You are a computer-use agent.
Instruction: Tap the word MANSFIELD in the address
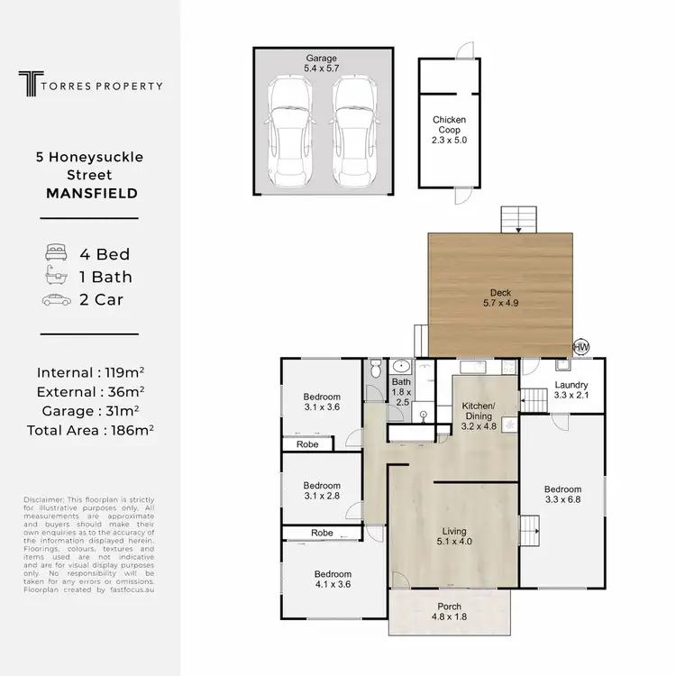pyautogui.click(x=90, y=193)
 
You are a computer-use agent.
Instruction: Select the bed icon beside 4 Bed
pyautogui.click(x=56, y=253)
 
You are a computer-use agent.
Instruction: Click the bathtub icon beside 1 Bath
pyautogui.click(x=56, y=277)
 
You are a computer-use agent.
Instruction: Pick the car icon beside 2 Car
pyautogui.click(x=56, y=300)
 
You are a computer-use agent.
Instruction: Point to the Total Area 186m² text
pyautogui.click(x=90, y=430)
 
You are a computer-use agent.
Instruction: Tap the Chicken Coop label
pyautogui.click(x=449, y=130)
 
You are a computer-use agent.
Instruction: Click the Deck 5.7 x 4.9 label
pyautogui.click(x=501, y=297)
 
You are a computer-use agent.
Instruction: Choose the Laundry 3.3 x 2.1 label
pyautogui.click(x=571, y=389)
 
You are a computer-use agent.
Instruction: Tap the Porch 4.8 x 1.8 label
pyautogui.click(x=449, y=611)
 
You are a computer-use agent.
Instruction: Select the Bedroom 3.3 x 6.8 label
pyautogui.click(x=563, y=495)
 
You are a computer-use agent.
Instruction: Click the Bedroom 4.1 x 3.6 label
pyautogui.click(x=332, y=579)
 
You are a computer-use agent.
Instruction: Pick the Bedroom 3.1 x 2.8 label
pyautogui.click(x=321, y=489)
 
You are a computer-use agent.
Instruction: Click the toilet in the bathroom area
pyautogui.click(x=377, y=369)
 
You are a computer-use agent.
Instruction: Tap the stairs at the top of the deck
pyautogui.click(x=518, y=218)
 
